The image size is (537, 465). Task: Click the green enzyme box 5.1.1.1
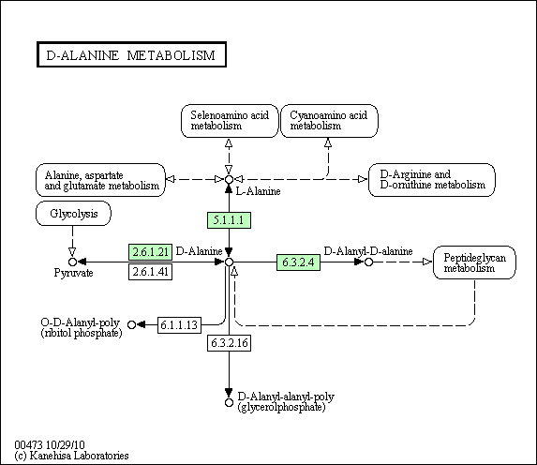tap(229, 220)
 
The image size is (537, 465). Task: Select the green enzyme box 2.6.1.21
tap(150, 252)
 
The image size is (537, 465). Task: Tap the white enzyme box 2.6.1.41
tap(150, 272)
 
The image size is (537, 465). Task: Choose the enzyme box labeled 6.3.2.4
tap(298, 262)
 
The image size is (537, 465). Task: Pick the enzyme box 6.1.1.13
tap(179, 325)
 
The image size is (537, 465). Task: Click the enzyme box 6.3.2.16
tap(229, 343)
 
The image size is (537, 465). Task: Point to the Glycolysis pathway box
tap(73, 214)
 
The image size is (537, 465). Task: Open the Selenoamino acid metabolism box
tap(230, 121)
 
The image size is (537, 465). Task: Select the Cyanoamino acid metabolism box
tap(329, 121)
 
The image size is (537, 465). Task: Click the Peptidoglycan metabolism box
tap(474, 262)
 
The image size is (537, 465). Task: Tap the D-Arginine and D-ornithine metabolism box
tap(431, 180)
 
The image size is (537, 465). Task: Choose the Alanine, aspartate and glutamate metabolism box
tap(100, 180)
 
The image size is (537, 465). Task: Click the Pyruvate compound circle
tap(72, 262)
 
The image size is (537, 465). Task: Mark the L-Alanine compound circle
tap(229, 180)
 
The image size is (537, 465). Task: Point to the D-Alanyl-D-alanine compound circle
tap(368, 262)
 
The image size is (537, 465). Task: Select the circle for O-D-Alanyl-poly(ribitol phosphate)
tap(131, 324)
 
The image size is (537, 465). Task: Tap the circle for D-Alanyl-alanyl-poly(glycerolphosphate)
tap(229, 402)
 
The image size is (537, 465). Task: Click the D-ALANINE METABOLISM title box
tap(131, 54)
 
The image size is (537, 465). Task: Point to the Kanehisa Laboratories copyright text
tap(71, 456)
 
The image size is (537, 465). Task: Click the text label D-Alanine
tap(199, 251)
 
